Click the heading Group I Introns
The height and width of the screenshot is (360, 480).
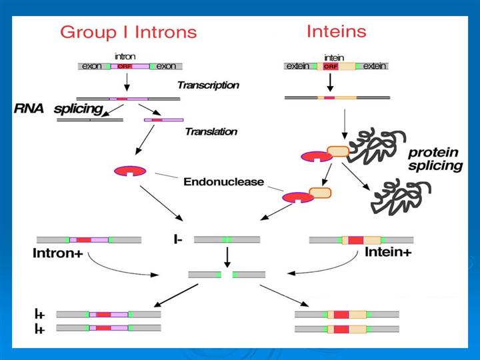(x=129, y=32)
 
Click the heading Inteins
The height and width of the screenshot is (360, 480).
(x=336, y=31)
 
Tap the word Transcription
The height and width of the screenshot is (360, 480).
(x=208, y=85)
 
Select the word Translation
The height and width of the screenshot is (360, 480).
(x=211, y=132)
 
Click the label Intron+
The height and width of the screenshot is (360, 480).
(x=56, y=253)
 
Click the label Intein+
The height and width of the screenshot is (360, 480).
(x=388, y=253)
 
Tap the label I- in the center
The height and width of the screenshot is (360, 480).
(x=177, y=239)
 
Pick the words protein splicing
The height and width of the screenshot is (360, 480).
(x=435, y=159)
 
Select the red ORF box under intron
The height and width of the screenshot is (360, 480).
(x=125, y=67)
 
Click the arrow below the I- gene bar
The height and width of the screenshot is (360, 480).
(x=227, y=256)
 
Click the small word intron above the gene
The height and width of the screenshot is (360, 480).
(x=125, y=57)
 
